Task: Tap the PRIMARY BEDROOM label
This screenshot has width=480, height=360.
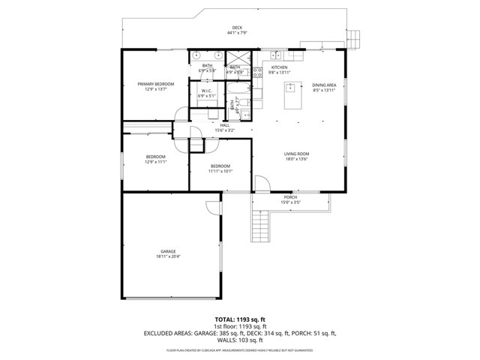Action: (x=155, y=84)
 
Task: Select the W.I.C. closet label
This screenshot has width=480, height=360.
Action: (x=206, y=91)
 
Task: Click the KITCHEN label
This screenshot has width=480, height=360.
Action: (x=279, y=67)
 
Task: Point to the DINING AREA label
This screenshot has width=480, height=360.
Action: (x=324, y=85)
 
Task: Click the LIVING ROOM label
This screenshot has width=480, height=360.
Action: (x=296, y=154)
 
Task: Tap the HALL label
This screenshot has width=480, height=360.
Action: (x=223, y=126)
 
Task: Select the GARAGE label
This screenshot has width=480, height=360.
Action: (x=168, y=251)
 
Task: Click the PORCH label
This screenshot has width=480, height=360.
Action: (x=290, y=198)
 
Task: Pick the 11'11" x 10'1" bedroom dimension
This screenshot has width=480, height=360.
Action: (x=220, y=171)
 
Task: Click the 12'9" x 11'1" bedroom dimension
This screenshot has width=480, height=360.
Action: (x=155, y=162)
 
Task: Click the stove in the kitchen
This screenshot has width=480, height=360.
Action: (x=256, y=72)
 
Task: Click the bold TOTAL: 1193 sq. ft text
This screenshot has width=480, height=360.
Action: (x=239, y=319)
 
